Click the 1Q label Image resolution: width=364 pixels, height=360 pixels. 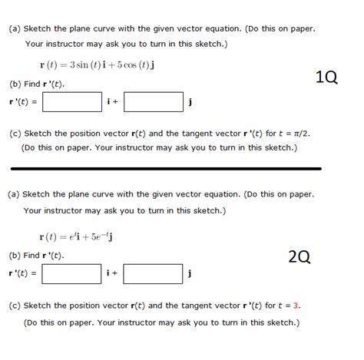tap(326, 77)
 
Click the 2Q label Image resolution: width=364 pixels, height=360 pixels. tap(299, 256)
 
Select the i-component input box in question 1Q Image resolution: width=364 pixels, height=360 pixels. tap(72, 101)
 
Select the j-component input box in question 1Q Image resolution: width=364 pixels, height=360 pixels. tap(153, 101)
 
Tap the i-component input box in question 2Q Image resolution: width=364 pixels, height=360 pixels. tap(72, 274)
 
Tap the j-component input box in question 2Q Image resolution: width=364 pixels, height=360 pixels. tap(153, 274)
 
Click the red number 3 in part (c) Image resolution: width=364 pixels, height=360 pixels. tap(296, 305)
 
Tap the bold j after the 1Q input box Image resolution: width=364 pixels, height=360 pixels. tap(190, 101)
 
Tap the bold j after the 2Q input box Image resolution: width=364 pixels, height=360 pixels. tap(190, 274)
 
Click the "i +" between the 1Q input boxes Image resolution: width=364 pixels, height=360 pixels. tap(112, 101)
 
